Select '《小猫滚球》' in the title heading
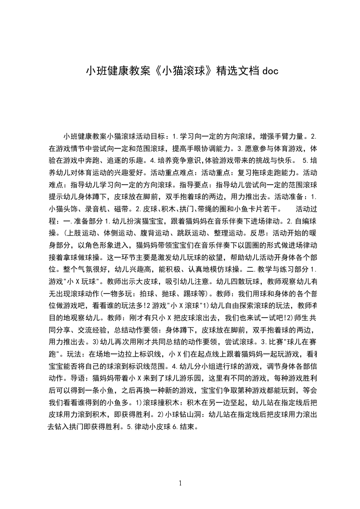click(x=181, y=71)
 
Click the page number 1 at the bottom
click(x=181, y=483)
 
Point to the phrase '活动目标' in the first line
click(x=149, y=136)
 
